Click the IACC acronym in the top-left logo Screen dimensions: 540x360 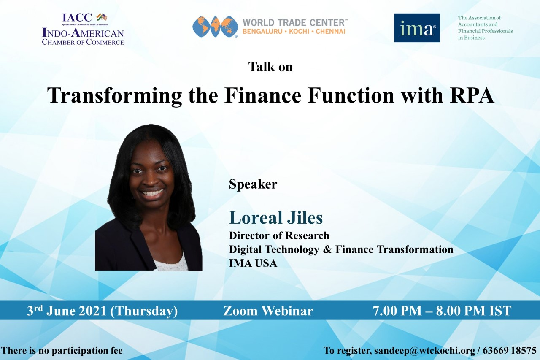(77, 17)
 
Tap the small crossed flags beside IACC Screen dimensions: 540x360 (102, 17)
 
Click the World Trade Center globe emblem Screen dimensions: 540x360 (215, 27)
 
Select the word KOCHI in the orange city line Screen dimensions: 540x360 (299, 32)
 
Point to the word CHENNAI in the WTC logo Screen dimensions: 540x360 (330, 32)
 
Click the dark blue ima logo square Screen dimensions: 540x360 (417, 28)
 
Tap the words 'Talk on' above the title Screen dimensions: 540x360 (270, 67)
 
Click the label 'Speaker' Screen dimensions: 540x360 (253, 184)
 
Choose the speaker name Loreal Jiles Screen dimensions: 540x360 (276, 217)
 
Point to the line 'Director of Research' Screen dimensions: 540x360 (279, 235)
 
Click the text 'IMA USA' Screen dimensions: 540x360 (253, 263)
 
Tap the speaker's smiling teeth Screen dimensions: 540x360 (152, 193)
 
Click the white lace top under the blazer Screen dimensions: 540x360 (172, 263)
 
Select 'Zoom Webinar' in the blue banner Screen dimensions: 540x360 (268, 311)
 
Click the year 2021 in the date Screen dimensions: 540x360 (93, 311)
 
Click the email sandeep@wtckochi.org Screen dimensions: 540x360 (424, 350)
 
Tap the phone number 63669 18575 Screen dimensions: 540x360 (509, 350)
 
